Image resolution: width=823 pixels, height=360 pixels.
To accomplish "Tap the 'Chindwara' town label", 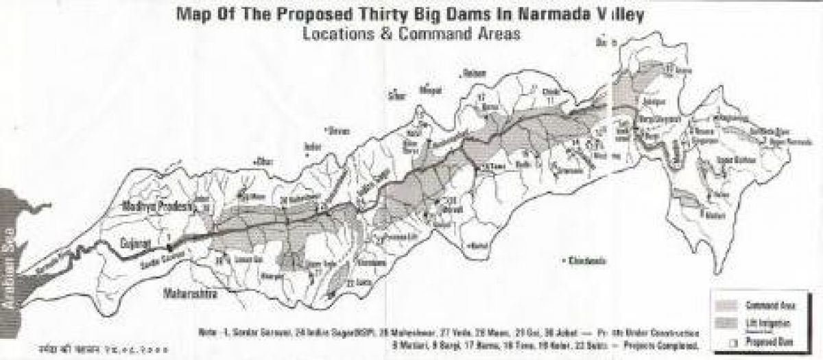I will coord(585,261).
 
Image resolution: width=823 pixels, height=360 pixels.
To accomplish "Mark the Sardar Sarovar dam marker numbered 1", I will coord(169,243).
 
